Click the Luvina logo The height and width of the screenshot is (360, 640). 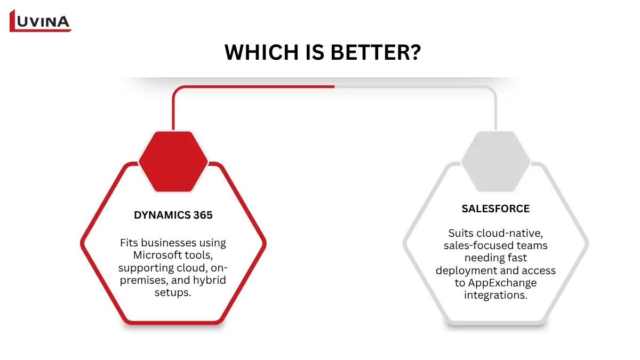pyautogui.click(x=41, y=21)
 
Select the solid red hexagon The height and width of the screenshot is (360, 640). pyautogui.click(x=173, y=162)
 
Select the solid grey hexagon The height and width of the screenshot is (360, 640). pyautogui.click(x=495, y=162)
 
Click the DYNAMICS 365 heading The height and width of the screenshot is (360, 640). pyautogui.click(x=173, y=215)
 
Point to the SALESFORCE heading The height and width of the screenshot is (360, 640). pyautogui.click(x=495, y=209)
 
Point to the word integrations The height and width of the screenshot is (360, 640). pyautogui.click(x=495, y=295)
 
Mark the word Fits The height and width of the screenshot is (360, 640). pyautogui.click(x=130, y=243)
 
